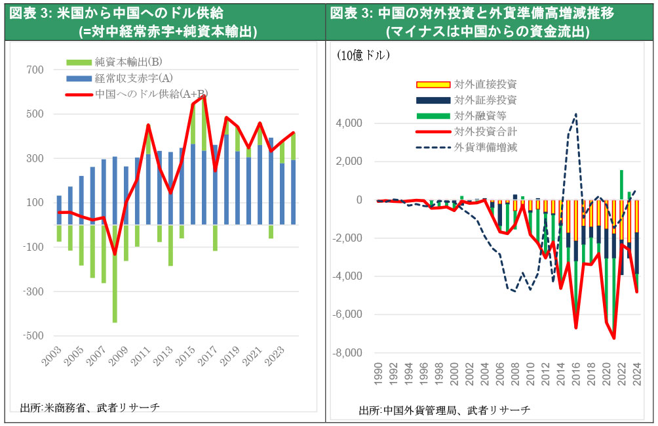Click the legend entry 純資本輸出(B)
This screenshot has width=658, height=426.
pyautogui.click(x=124, y=62)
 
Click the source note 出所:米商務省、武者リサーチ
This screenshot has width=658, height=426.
pyautogui.click(x=90, y=408)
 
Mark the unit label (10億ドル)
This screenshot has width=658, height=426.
pyautogui.click(x=365, y=56)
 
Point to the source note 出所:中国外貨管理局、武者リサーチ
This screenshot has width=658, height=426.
pyautogui.click(x=445, y=410)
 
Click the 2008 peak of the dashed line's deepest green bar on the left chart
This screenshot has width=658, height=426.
pyautogui.click(x=114, y=322)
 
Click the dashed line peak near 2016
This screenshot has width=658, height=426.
pyautogui.click(x=575, y=114)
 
